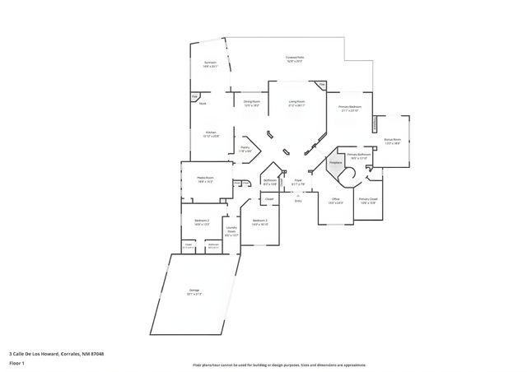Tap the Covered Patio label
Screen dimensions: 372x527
coord(295,58)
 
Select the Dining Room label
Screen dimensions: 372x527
coord(251,102)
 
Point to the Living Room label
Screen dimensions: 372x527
coord(296,102)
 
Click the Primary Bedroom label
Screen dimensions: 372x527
coord(350,107)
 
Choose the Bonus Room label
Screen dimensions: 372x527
coord(392,140)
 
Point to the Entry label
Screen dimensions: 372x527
coord(298,200)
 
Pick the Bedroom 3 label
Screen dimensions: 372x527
coord(260,221)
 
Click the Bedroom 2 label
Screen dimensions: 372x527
coord(203,221)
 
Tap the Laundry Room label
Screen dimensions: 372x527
coord(231,231)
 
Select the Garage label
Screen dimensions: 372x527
coord(194,291)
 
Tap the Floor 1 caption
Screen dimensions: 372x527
coord(16,362)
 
